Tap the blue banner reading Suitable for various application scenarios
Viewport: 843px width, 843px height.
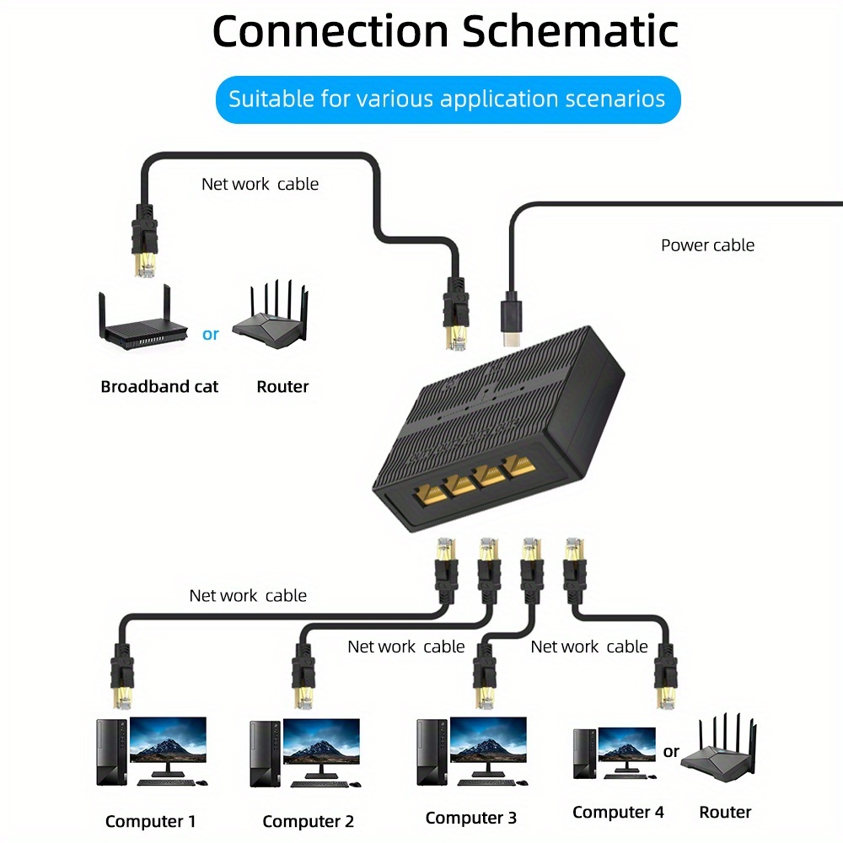[x=447, y=99]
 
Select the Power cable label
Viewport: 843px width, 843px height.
[x=707, y=245]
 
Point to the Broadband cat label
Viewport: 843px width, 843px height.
[x=159, y=387]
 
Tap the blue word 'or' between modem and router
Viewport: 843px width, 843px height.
[x=211, y=334]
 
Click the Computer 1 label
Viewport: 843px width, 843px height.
[x=151, y=821]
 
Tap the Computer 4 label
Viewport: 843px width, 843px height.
[x=618, y=813]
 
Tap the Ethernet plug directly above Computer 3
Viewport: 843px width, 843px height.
[x=487, y=674]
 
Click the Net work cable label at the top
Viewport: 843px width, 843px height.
[x=260, y=184]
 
